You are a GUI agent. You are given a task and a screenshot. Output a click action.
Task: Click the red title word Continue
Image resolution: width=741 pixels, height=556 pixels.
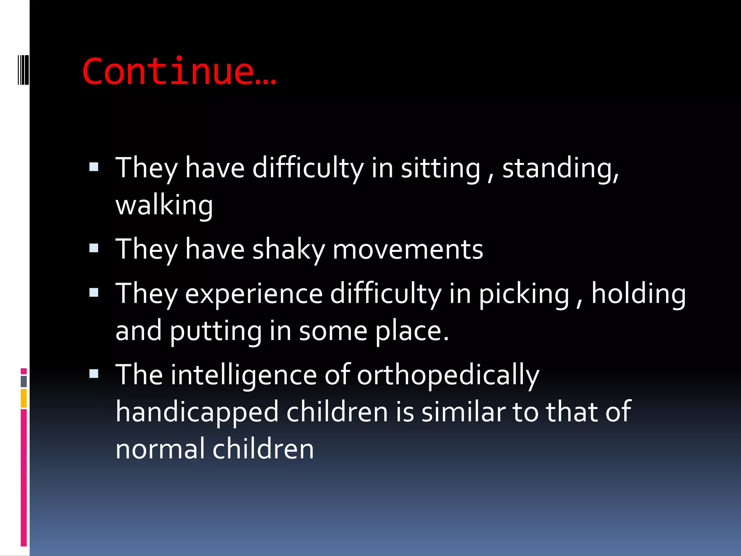click(179, 71)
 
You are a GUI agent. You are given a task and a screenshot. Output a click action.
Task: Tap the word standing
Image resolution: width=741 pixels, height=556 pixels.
click(560, 168)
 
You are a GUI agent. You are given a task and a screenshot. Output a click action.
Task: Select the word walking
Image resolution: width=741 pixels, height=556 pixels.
click(164, 206)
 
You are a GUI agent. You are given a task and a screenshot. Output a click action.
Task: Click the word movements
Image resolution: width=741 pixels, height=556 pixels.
click(408, 250)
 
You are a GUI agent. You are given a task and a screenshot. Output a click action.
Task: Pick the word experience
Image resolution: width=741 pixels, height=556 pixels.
click(254, 294)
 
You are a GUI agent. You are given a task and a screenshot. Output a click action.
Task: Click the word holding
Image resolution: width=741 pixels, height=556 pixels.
click(638, 294)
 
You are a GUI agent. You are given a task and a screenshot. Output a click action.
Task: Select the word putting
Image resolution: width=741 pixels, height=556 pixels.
click(216, 332)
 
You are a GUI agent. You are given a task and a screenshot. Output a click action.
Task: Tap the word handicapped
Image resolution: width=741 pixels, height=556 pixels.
click(197, 412)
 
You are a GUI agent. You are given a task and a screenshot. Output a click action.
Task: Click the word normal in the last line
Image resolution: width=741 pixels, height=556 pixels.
click(160, 449)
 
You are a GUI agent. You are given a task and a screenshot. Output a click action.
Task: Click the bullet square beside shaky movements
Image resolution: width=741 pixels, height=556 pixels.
click(94, 248)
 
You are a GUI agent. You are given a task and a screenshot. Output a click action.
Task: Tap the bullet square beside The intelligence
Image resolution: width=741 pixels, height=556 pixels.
click(94, 374)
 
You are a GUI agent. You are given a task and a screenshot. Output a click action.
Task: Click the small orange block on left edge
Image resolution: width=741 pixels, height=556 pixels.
click(24, 398)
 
